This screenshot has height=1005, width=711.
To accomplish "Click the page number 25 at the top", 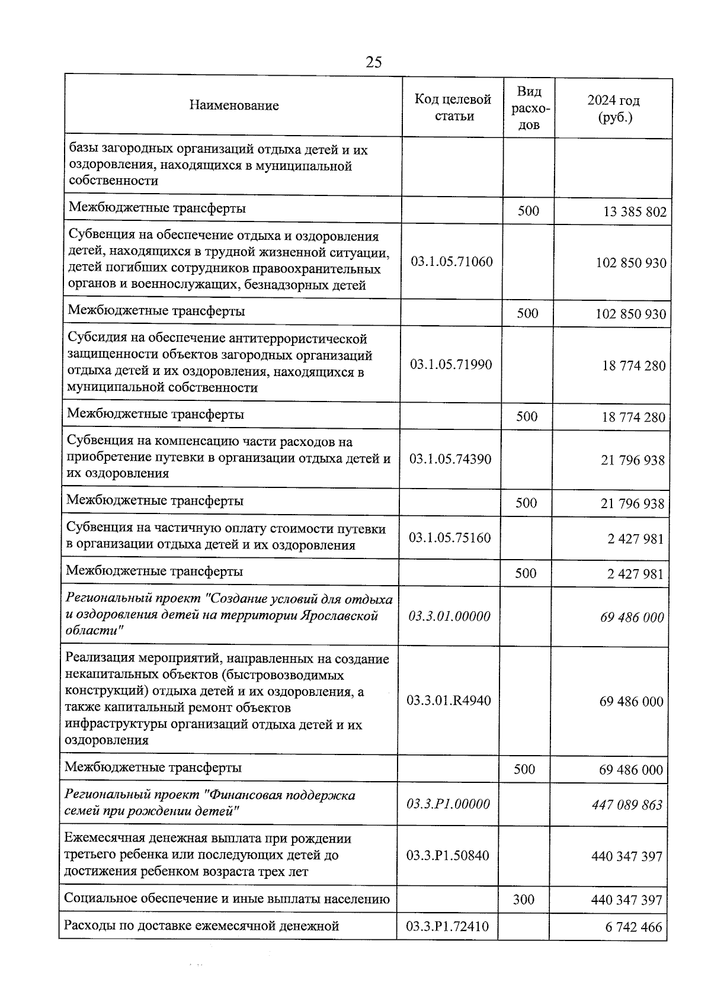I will pyautogui.click(x=374, y=62).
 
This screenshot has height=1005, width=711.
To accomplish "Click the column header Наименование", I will pyautogui.click(x=234, y=106).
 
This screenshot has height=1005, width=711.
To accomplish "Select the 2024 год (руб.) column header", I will pyautogui.click(x=614, y=108).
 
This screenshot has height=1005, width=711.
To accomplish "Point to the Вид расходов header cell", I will pyautogui.click(x=529, y=108).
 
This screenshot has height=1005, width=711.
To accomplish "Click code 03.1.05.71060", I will pyautogui.click(x=451, y=262).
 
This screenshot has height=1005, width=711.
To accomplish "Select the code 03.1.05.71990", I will pyautogui.click(x=451, y=365).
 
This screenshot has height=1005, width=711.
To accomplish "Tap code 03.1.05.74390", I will pyautogui.click(x=450, y=459).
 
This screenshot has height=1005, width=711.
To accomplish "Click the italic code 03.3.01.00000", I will pyautogui.click(x=449, y=617).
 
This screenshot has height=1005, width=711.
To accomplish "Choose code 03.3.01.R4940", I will pyautogui.click(x=449, y=701).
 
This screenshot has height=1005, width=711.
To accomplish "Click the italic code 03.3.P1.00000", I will pyautogui.click(x=448, y=804).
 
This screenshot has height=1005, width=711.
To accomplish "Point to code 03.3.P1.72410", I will pyautogui.click(x=447, y=927).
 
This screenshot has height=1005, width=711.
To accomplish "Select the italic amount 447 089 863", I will pyautogui.click(x=627, y=805).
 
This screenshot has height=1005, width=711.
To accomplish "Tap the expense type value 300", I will pyautogui.click(x=523, y=900).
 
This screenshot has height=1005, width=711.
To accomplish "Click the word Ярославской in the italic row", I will pyautogui.click(x=340, y=616).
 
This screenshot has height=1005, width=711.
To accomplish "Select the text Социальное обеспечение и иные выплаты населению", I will pyautogui.click(x=227, y=899).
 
